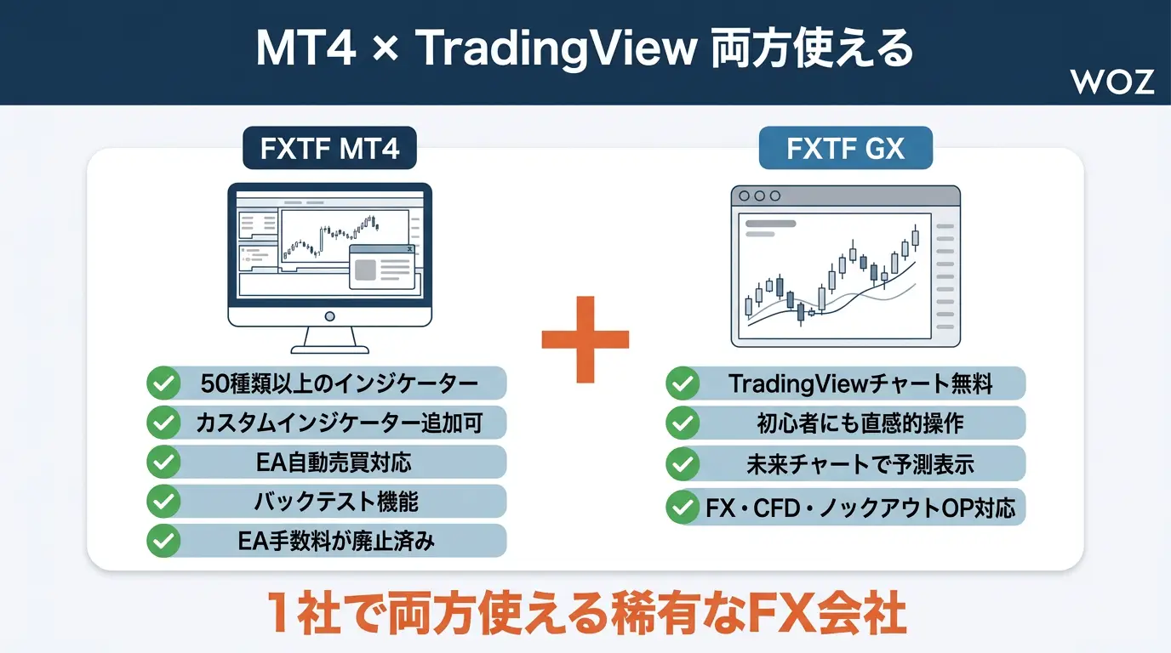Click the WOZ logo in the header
point(1112,82)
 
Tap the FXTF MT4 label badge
point(330,148)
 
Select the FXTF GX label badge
point(845,148)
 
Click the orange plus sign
point(585,339)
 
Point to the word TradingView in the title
point(558,49)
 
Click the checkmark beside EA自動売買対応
point(163,462)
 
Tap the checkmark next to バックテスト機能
point(163,502)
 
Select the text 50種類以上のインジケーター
point(340,383)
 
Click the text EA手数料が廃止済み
point(336,542)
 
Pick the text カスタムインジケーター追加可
point(340,423)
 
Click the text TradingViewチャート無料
point(860,383)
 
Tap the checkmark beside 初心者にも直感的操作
point(683,423)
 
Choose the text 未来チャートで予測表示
point(860,464)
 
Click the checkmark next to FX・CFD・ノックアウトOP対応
point(683,507)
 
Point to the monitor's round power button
point(330,316)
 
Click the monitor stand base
point(330,349)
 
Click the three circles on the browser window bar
point(760,196)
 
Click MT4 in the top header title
point(306,49)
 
